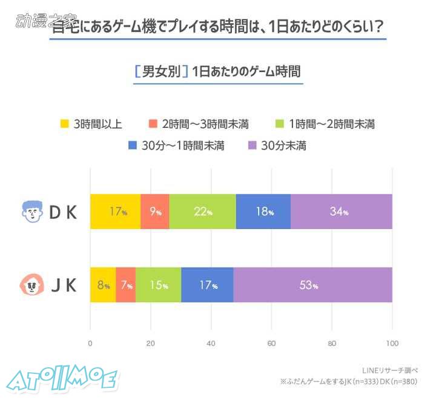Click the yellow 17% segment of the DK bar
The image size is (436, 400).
[x=115, y=212]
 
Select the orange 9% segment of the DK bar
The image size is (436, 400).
[x=154, y=212]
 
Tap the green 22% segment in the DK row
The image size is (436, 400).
[x=202, y=212]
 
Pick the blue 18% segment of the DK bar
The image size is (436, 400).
[x=263, y=212]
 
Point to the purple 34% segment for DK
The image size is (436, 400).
[x=341, y=212]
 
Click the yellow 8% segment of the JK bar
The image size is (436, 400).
[x=102, y=285]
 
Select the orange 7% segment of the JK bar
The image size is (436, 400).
[x=125, y=285]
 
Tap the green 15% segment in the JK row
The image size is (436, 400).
[x=158, y=285]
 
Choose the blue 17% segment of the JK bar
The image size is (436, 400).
[x=207, y=285]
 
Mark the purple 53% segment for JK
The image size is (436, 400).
[x=312, y=285]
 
